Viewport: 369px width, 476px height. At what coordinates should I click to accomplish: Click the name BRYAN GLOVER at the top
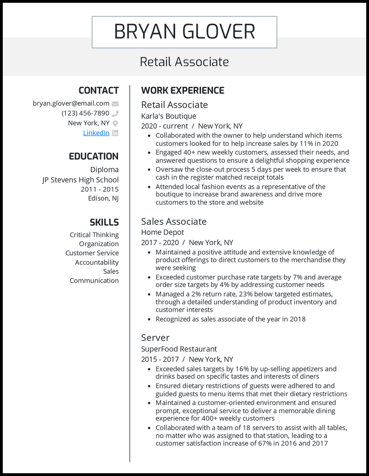click(x=184, y=32)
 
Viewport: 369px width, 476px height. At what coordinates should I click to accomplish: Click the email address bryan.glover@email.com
click(x=71, y=103)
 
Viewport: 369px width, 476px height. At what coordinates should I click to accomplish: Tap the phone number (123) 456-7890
click(x=85, y=113)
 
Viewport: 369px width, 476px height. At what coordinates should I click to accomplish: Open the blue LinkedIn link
click(x=96, y=133)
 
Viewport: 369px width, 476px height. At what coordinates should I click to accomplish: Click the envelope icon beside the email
click(x=115, y=104)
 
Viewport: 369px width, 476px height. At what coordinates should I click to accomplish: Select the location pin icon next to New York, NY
click(x=115, y=123)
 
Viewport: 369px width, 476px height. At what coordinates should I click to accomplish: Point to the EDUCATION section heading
click(x=94, y=156)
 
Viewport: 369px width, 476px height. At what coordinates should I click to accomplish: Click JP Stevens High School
click(x=80, y=180)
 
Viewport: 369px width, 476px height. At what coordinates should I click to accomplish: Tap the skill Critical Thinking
click(x=94, y=235)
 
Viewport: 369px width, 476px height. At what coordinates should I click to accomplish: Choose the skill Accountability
click(x=97, y=262)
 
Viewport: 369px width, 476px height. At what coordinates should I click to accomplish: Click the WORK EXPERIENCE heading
click(x=183, y=90)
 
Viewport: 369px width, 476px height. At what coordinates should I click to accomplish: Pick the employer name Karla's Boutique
click(x=168, y=116)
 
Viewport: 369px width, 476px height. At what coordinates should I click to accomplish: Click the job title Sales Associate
click(x=173, y=221)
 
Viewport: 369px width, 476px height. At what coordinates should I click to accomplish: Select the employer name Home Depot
click(x=162, y=232)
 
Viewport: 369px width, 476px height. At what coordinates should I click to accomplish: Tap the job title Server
click(x=155, y=338)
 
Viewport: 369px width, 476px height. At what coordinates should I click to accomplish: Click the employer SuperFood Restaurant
click(x=179, y=349)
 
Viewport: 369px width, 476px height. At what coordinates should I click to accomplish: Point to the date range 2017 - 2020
click(x=160, y=243)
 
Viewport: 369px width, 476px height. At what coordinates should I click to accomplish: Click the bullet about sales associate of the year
click(x=230, y=319)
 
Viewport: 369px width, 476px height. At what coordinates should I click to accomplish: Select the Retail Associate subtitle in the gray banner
click(x=184, y=62)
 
